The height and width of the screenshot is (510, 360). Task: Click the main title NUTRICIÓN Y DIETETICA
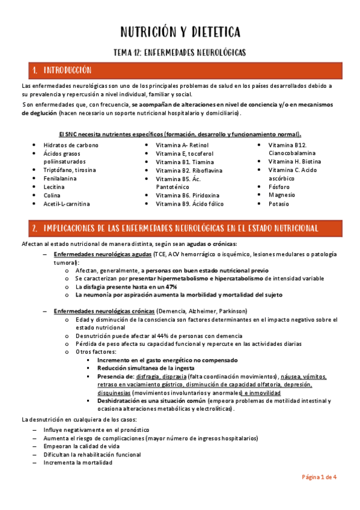pyautogui.click(x=180, y=31)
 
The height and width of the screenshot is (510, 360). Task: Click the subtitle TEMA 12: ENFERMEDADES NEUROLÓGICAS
pyautogui.click(x=180, y=52)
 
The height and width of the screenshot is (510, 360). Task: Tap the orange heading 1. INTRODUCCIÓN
pyautogui.click(x=67, y=70)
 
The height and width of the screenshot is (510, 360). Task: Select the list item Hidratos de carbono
pyautogui.click(x=71, y=146)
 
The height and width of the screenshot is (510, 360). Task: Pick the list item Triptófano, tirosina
pyautogui.click(x=70, y=170)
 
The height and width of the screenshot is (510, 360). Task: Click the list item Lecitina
pyautogui.click(x=55, y=187)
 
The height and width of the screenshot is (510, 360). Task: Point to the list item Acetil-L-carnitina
pyautogui.click(x=67, y=204)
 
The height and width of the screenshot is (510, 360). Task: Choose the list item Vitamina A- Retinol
pyautogui.click(x=182, y=146)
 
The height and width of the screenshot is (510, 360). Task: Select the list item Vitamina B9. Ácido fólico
pyautogui.click(x=189, y=204)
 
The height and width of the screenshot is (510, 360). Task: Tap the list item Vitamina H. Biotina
pyautogui.click(x=294, y=162)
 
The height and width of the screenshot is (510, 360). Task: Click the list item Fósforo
pyautogui.click(x=279, y=187)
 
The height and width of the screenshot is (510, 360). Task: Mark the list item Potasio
pyautogui.click(x=279, y=204)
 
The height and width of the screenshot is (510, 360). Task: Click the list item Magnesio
pyautogui.click(x=282, y=195)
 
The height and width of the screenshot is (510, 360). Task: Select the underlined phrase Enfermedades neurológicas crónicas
pyautogui.click(x=104, y=311)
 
